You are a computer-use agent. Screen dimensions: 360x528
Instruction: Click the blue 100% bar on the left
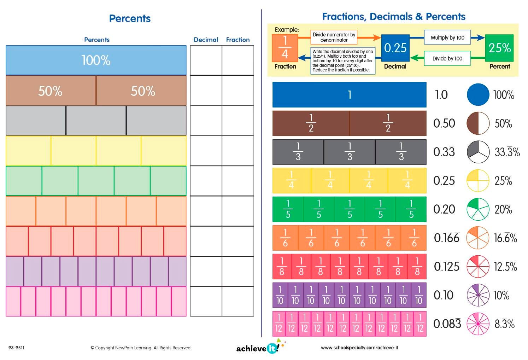[x=96, y=60]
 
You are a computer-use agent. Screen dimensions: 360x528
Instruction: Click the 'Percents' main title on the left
[x=130, y=18]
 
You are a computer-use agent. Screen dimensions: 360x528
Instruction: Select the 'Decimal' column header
[x=206, y=40]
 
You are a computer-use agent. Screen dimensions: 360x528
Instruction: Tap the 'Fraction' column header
[x=238, y=40]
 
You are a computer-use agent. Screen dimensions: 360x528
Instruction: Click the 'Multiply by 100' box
[x=447, y=37]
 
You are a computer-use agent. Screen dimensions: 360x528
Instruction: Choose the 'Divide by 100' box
[x=447, y=58]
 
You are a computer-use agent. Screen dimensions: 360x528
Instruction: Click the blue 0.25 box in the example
[x=395, y=48]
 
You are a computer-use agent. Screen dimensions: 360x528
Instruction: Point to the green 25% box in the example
[x=499, y=48]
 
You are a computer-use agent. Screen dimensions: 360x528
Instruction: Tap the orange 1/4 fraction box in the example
[x=285, y=48]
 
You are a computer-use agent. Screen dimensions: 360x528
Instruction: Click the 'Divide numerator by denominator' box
[x=334, y=37]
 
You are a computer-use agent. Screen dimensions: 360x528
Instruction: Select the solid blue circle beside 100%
[x=478, y=94]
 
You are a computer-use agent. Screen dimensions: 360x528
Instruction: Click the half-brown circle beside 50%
[x=478, y=123]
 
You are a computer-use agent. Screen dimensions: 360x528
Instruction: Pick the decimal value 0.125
[x=446, y=266]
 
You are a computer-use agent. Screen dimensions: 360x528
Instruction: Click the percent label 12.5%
[x=505, y=267]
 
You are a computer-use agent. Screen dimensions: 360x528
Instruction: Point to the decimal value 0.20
[x=444, y=209]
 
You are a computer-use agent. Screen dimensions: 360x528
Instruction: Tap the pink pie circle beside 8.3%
[x=478, y=324]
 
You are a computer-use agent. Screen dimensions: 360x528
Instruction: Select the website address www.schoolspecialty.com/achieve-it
[x=359, y=348]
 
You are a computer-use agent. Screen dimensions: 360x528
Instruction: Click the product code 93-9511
[x=17, y=348]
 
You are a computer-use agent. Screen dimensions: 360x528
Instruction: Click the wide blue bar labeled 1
[x=349, y=95]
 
